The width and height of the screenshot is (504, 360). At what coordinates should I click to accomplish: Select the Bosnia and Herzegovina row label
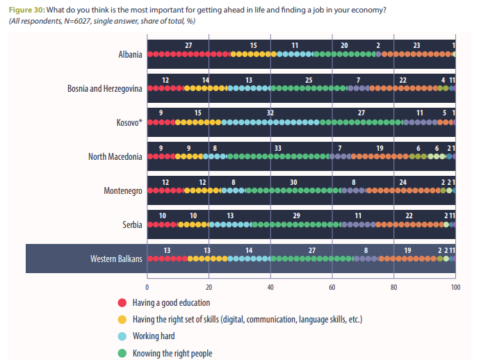pyautogui.click(x=105, y=89)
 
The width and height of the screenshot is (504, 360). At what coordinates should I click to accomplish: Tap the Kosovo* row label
pyautogui.click(x=129, y=123)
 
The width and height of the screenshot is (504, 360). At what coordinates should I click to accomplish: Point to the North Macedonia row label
pyautogui.click(x=115, y=156)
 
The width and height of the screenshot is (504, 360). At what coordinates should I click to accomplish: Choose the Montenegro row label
pyautogui.click(x=123, y=190)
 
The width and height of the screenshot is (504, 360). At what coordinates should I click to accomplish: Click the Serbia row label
pyautogui.click(x=132, y=224)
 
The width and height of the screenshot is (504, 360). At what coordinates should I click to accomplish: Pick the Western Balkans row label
pyautogui.click(x=116, y=259)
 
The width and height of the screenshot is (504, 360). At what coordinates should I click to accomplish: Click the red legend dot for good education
pyautogui.click(x=122, y=303)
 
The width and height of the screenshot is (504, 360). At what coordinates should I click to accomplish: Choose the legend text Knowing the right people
pyautogui.click(x=172, y=353)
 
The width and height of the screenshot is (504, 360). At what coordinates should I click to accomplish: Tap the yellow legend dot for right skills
pyautogui.click(x=122, y=320)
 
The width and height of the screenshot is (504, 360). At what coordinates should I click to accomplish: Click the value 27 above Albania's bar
pyautogui.click(x=188, y=45)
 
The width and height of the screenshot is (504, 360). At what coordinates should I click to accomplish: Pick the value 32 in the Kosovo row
pyautogui.click(x=270, y=113)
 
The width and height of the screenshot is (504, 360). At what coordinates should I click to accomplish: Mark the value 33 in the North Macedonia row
pyautogui.click(x=278, y=147)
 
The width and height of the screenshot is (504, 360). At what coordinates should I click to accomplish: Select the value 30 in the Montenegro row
pyautogui.click(x=293, y=181)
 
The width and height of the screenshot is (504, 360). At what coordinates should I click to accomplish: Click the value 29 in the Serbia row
pyautogui.click(x=297, y=215)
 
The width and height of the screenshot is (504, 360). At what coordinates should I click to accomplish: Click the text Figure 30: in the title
pyautogui.click(x=26, y=9)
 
